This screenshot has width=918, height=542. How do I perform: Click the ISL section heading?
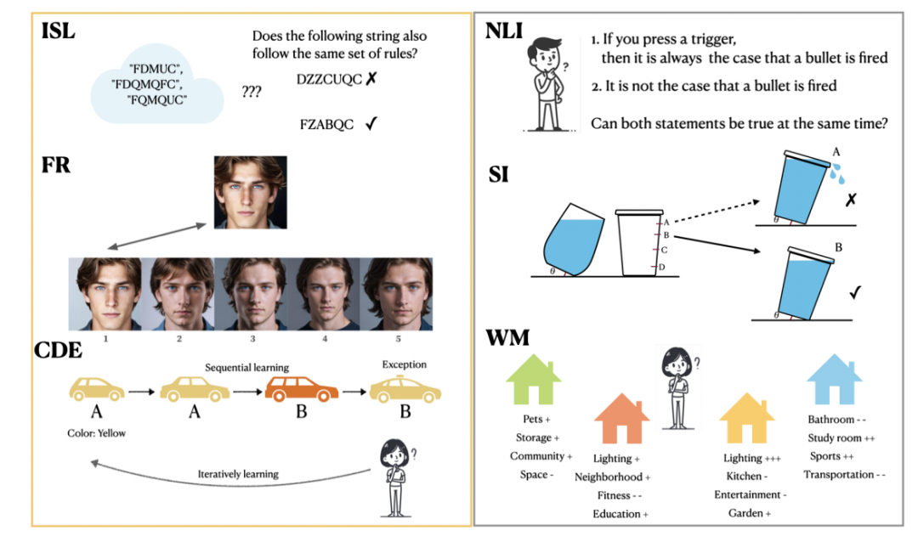coord(59,32)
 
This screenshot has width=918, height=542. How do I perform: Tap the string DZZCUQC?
coord(330,79)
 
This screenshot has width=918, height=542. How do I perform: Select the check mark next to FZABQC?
coord(371,124)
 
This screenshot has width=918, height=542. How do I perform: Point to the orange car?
coord(302,388)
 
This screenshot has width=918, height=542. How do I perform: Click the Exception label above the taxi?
coord(404,364)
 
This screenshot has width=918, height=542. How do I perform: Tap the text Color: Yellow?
coord(96,433)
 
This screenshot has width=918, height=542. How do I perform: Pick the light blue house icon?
coord(834,380)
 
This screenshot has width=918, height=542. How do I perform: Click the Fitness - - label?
coord(614,495)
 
